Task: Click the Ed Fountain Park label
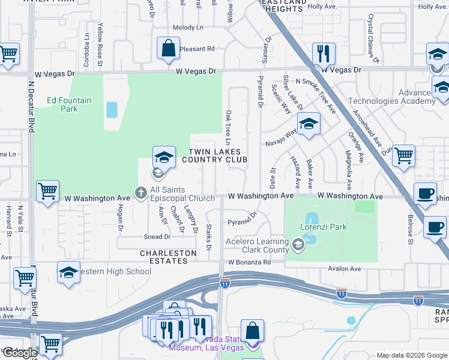pos(69,104)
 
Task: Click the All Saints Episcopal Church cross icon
pos(141,193)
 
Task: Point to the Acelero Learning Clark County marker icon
pos(298,245)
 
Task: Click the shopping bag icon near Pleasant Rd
pos(169,48)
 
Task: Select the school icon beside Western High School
pos(68,271)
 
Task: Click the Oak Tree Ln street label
pos(228,127)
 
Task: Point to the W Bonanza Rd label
pos(250,263)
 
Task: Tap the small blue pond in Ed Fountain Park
pos(112,110)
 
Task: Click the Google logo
pos(19,353)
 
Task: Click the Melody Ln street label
pos(188,28)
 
